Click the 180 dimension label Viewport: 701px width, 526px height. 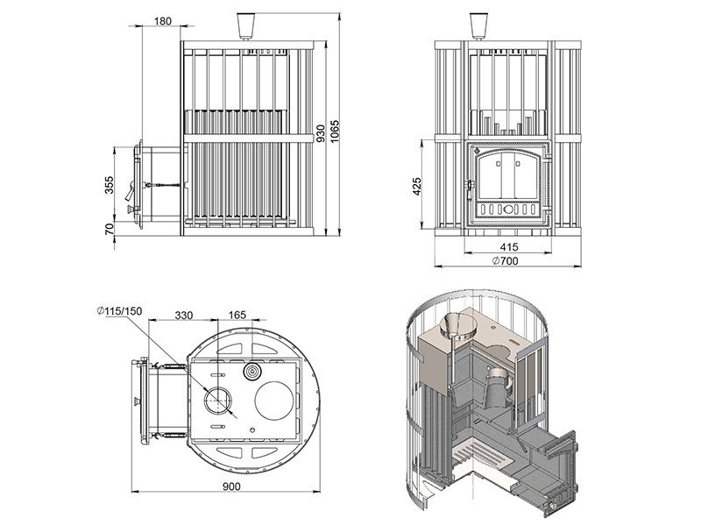163,21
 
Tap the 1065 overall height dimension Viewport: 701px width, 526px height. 335,131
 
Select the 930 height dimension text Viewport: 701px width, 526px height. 321,134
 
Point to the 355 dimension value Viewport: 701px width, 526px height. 109,185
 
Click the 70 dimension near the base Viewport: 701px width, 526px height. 109,230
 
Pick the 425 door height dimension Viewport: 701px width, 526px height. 417,187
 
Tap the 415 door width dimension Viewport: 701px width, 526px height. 509,247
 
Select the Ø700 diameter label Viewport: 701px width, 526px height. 506,260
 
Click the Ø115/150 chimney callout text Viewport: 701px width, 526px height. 119,311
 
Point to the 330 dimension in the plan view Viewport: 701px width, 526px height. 184,316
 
